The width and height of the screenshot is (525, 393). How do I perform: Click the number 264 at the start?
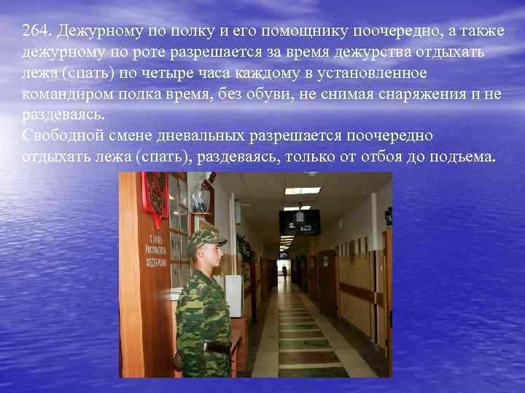point(36,33)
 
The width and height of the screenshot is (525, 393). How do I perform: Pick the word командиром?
point(67,95)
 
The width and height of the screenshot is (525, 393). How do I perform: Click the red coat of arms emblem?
point(155,195)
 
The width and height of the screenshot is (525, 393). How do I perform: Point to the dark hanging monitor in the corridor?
point(299,221)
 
